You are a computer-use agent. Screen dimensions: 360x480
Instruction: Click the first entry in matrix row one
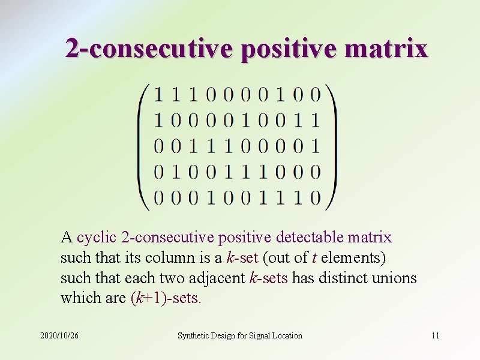(x=159, y=94)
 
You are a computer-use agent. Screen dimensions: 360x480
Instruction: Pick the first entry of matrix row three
(x=159, y=146)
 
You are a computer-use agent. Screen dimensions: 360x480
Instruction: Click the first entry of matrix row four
(x=159, y=172)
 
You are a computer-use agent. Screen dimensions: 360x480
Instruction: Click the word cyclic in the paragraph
(x=94, y=238)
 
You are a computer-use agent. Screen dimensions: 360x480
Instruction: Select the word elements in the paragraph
(x=353, y=259)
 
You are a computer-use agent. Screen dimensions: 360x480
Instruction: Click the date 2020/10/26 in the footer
(x=59, y=335)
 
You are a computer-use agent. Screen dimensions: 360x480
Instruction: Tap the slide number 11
(x=435, y=335)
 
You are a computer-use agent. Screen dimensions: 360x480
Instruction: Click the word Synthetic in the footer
(x=193, y=335)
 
